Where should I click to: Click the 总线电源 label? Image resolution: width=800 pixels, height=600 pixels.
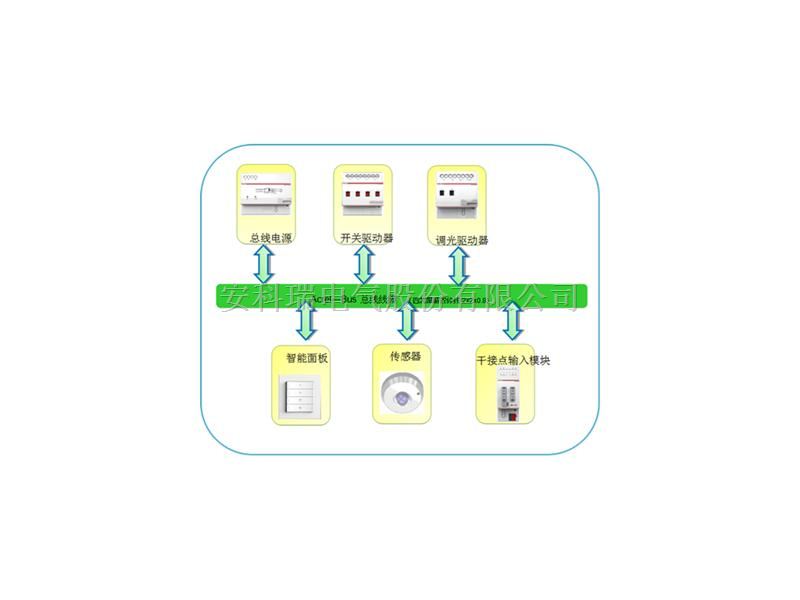click(270, 238)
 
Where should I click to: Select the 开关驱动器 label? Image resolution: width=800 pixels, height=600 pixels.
click(367, 238)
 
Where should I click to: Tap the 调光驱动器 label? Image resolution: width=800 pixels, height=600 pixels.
click(462, 240)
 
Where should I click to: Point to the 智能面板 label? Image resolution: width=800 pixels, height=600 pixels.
click(307, 356)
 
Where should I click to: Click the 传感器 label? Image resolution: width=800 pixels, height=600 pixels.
click(403, 355)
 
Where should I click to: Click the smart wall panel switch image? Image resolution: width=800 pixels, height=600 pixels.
click(301, 397)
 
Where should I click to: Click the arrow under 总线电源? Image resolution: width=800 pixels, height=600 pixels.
click(265, 265)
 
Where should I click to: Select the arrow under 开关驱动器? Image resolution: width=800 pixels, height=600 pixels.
click(364, 265)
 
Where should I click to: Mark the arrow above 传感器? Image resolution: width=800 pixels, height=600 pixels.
click(406, 321)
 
